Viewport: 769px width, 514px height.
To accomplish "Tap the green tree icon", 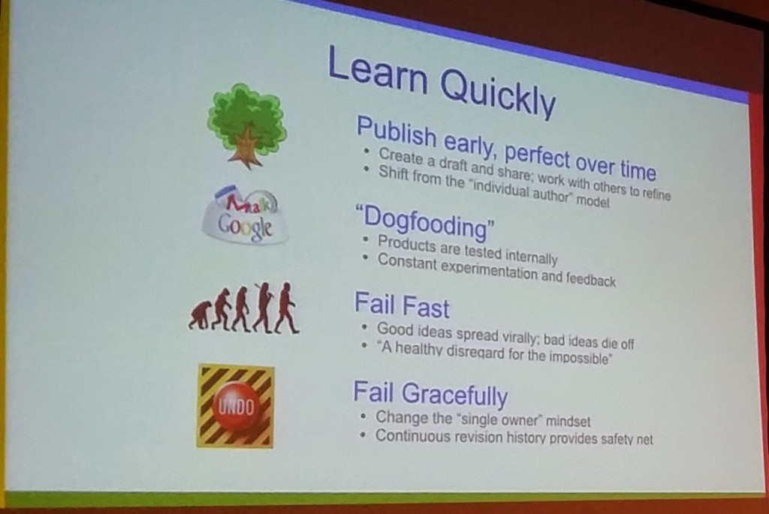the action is click(x=246, y=125).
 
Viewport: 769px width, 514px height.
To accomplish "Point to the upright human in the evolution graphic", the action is click(x=287, y=308).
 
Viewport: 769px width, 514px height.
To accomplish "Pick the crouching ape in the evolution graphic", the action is click(x=200, y=316).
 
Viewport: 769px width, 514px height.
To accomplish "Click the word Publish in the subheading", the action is click(x=397, y=132).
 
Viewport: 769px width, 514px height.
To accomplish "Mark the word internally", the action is click(x=531, y=255).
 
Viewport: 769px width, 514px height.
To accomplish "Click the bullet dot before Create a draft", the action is click(x=366, y=152).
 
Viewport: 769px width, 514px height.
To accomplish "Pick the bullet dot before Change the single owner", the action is click(x=363, y=416).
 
